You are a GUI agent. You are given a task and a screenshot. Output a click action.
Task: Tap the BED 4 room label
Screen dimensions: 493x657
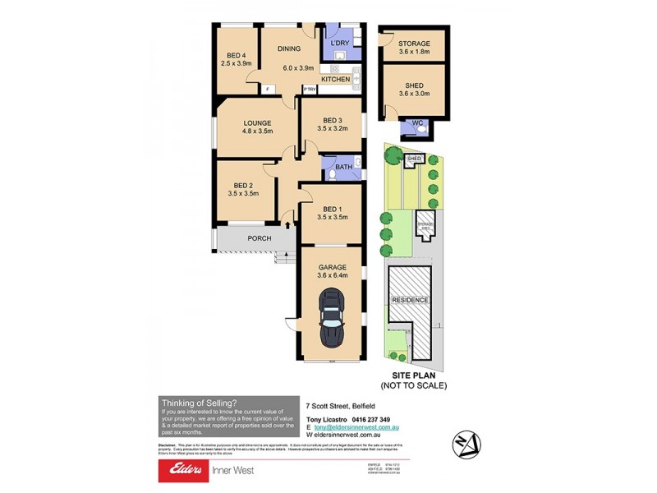[x=237, y=55]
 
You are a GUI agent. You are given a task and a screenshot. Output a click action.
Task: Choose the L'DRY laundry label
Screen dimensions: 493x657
[x=341, y=42]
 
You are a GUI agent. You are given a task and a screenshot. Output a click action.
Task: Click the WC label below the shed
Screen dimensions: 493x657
[x=418, y=124]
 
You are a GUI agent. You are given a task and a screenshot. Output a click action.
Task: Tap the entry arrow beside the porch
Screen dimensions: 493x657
[x=287, y=221]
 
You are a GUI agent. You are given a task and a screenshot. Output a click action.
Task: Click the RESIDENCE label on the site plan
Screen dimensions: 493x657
[x=409, y=300]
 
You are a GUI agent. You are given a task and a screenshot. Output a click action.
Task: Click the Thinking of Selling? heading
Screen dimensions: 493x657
[x=200, y=403]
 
